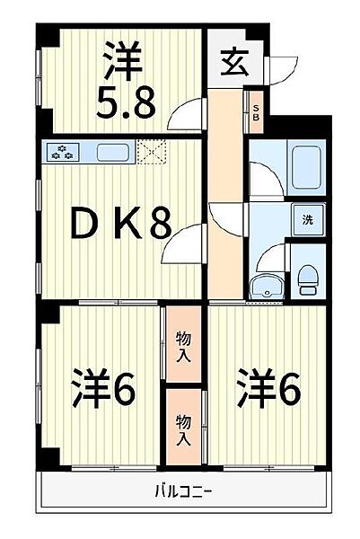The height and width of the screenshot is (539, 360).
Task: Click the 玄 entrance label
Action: tap(234, 63)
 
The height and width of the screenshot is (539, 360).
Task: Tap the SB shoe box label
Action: tap(256, 113)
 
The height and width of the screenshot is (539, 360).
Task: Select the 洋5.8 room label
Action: tap(126, 80)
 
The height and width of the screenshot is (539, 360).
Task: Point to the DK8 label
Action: tap(121, 225)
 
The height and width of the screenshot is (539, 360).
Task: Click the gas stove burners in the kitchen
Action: tap(62, 152)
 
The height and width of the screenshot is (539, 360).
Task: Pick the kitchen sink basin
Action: tap(113, 153)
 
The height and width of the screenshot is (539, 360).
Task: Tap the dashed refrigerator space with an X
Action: tap(152, 152)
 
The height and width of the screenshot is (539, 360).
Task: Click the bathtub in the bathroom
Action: tap(306, 167)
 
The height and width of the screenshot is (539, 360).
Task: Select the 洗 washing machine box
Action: tap(308, 220)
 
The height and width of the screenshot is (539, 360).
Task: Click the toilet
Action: tap(306, 279)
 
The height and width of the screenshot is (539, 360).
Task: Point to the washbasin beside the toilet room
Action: tap(267, 287)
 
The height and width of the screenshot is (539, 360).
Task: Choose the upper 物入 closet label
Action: tap(183, 347)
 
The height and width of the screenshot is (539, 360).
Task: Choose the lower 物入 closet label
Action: tap(183, 429)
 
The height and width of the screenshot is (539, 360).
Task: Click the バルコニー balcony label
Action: tap(183, 490)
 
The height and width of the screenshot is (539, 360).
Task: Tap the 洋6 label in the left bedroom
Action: tap(104, 388)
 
